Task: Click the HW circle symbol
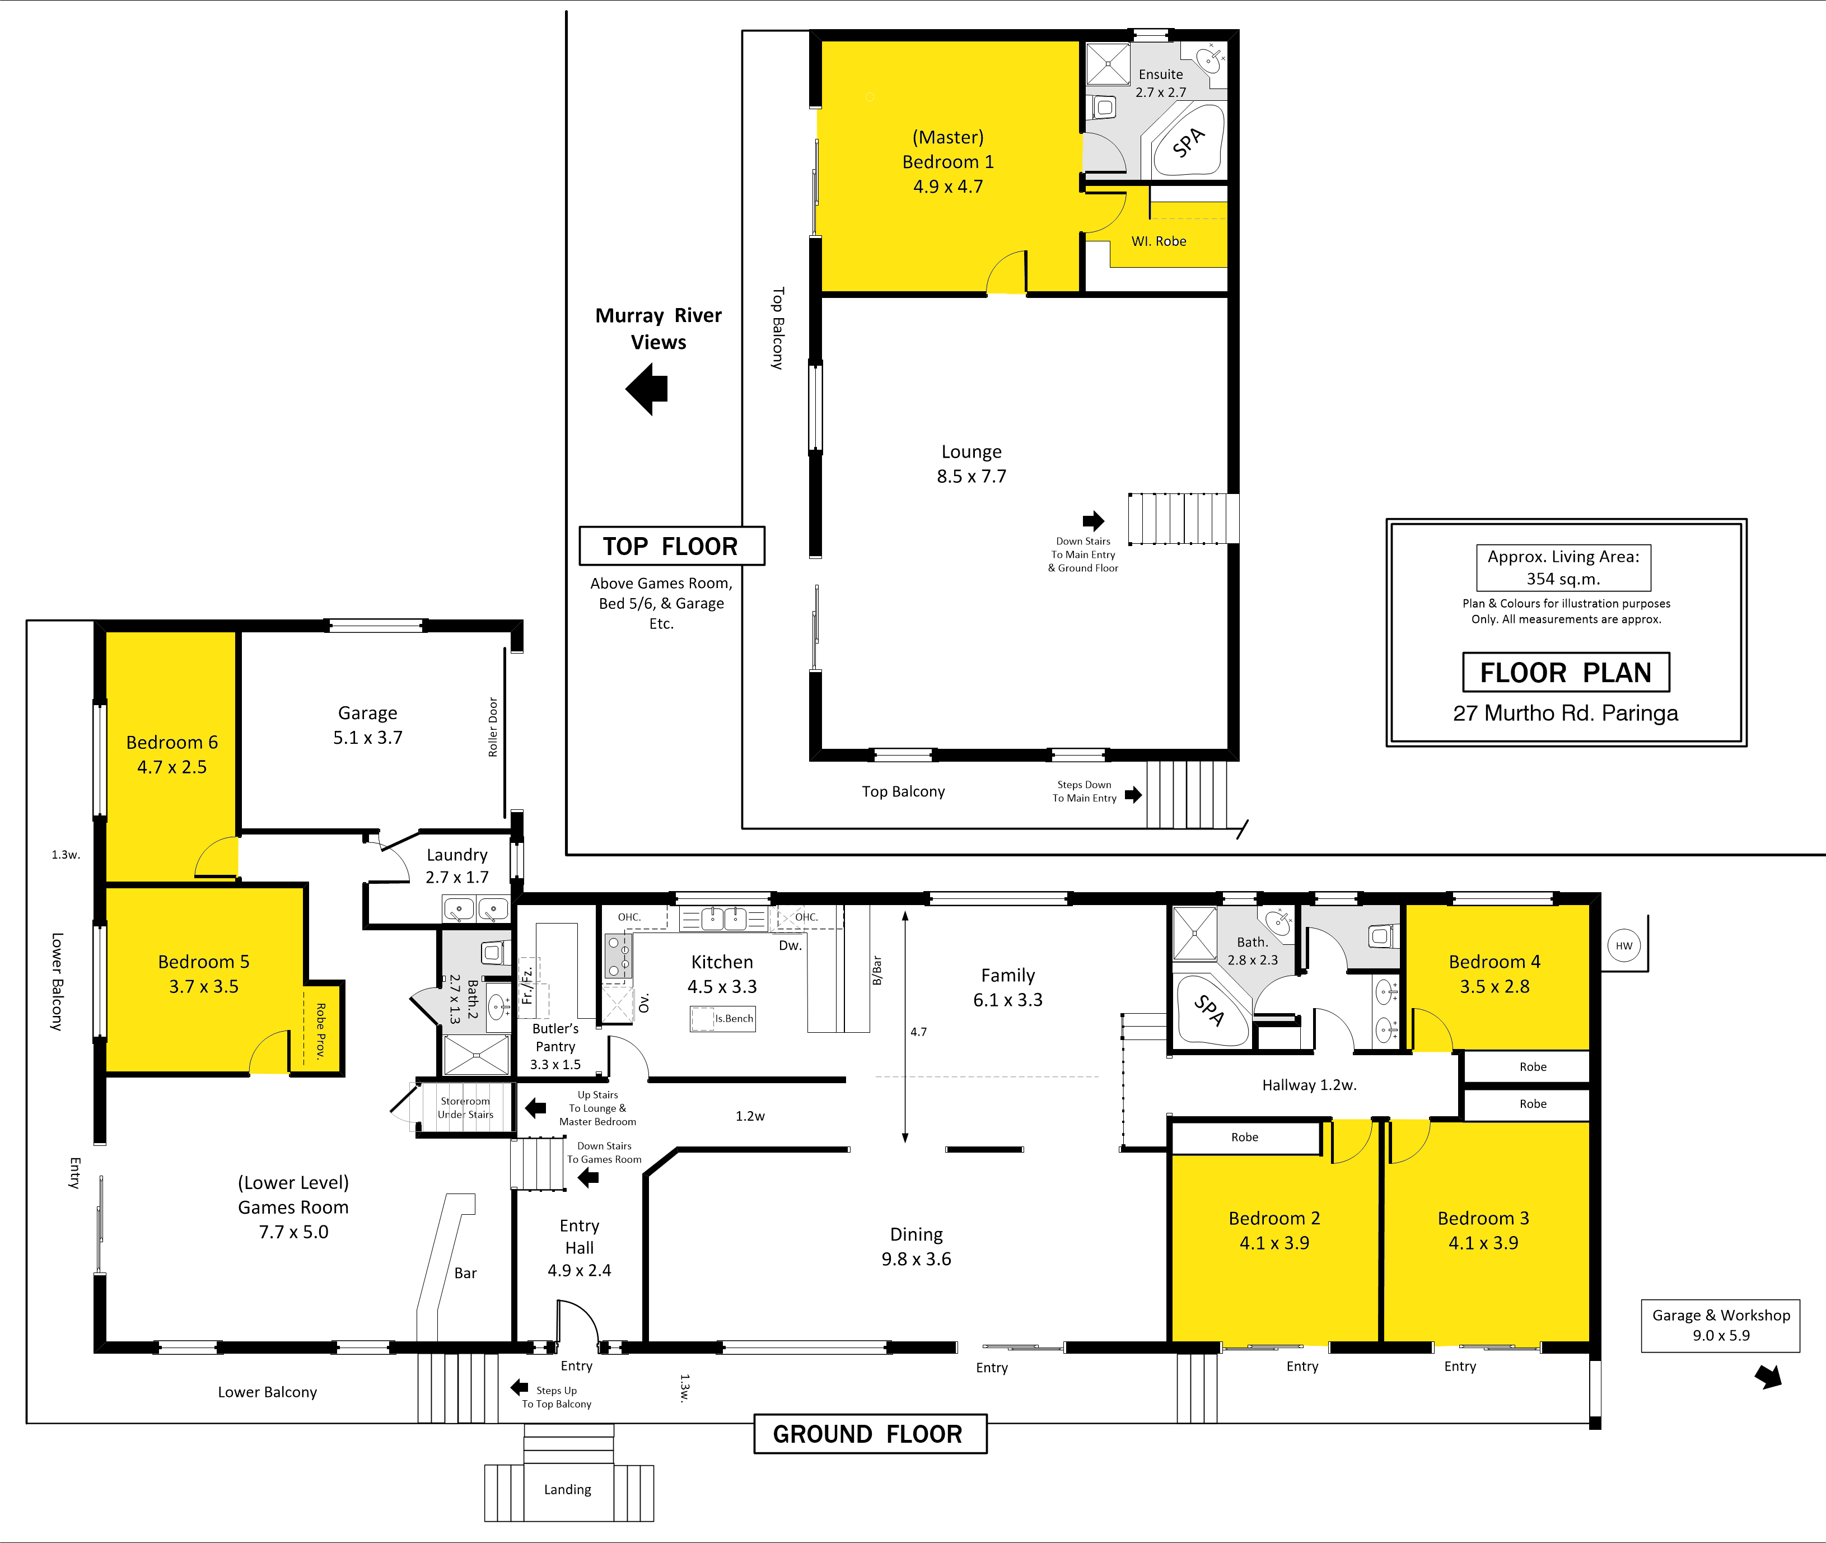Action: click(1624, 945)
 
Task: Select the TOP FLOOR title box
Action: click(671, 546)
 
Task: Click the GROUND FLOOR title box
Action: click(870, 1434)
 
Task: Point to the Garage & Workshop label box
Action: click(1720, 1325)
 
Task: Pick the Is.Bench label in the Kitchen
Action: click(734, 1018)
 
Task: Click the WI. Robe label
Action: click(1159, 241)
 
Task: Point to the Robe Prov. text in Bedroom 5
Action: click(321, 1031)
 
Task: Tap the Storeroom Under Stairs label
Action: click(465, 1107)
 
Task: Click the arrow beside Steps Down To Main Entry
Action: click(1133, 794)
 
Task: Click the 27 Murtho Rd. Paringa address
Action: click(1566, 713)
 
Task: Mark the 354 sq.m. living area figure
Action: click(1563, 579)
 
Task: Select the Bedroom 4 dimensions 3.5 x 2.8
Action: click(1495, 987)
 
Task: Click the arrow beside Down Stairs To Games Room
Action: click(589, 1178)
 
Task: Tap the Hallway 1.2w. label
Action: click(1309, 1085)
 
